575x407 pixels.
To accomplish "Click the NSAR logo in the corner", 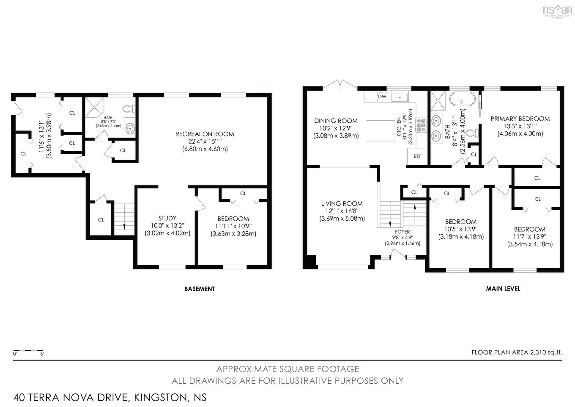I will [x=557, y=11].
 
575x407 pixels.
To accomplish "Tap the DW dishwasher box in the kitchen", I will [x=382, y=97].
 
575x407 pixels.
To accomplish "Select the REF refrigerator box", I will [x=417, y=156].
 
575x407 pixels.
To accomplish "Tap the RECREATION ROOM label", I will [x=205, y=134].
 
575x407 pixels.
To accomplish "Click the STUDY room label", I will [x=167, y=219].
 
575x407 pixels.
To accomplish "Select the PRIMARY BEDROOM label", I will [x=520, y=119].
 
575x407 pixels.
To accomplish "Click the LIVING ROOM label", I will [x=342, y=204].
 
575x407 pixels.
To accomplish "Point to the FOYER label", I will [x=402, y=232].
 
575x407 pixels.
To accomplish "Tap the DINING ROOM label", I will [x=336, y=121].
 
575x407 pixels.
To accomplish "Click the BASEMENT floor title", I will [x=200, y=289].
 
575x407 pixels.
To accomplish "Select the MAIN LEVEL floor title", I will [x=503, y=289].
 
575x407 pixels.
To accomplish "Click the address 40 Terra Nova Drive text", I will [x=110, y=397].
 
